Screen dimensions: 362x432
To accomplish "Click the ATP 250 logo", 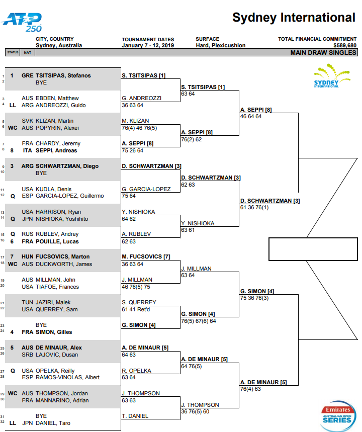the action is pos(22,22).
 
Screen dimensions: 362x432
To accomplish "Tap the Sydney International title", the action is pos(294,18).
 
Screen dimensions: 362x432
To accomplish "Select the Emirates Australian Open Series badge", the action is pos(338,416).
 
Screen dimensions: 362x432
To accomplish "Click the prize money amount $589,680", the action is pos(344,45).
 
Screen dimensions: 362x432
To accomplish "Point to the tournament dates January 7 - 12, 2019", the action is pos(148,45).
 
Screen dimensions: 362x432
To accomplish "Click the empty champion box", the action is pos(313,249).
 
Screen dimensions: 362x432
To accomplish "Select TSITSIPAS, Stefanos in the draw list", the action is pos(63,75).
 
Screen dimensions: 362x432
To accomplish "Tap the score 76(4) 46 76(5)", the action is pos(139,128).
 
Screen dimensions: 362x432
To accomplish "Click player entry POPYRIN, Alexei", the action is pos(57,128).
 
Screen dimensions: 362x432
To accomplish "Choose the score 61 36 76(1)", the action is pos(254,208).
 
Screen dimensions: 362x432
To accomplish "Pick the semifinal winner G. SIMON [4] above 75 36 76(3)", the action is pos(257,291).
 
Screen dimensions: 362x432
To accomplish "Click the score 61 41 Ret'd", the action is pos(136,309).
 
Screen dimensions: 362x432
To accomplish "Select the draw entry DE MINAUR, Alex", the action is pos(59,348).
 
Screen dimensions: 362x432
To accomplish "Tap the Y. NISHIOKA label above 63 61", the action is pos(198,223).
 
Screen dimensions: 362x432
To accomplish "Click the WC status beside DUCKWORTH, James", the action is pos(13,264).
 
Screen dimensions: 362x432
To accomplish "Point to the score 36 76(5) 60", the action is pos(195,411).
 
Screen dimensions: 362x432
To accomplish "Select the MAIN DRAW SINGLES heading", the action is pos(323,53).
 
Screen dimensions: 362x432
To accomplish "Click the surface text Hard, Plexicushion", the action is pos(220,45).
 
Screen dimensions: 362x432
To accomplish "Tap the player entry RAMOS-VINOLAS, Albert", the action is pos(67,378).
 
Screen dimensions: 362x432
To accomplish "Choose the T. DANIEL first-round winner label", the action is pos(135,416).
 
